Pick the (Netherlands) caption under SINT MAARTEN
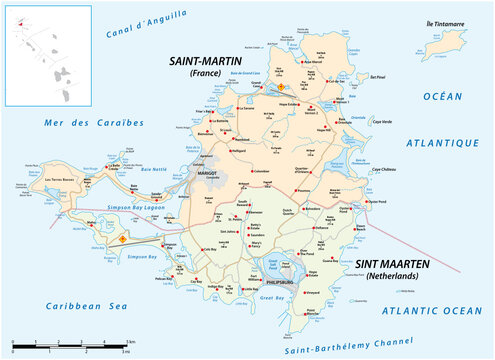397,275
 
